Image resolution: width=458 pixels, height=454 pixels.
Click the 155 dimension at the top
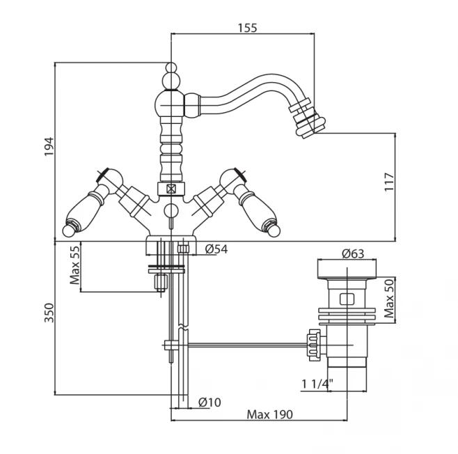[x=247, y=28]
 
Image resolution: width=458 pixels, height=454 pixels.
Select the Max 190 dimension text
[x=270, y=414]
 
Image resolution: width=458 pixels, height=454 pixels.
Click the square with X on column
[x=171, y=188]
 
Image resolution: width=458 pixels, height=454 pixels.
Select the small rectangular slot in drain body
[x=346, y=300]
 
